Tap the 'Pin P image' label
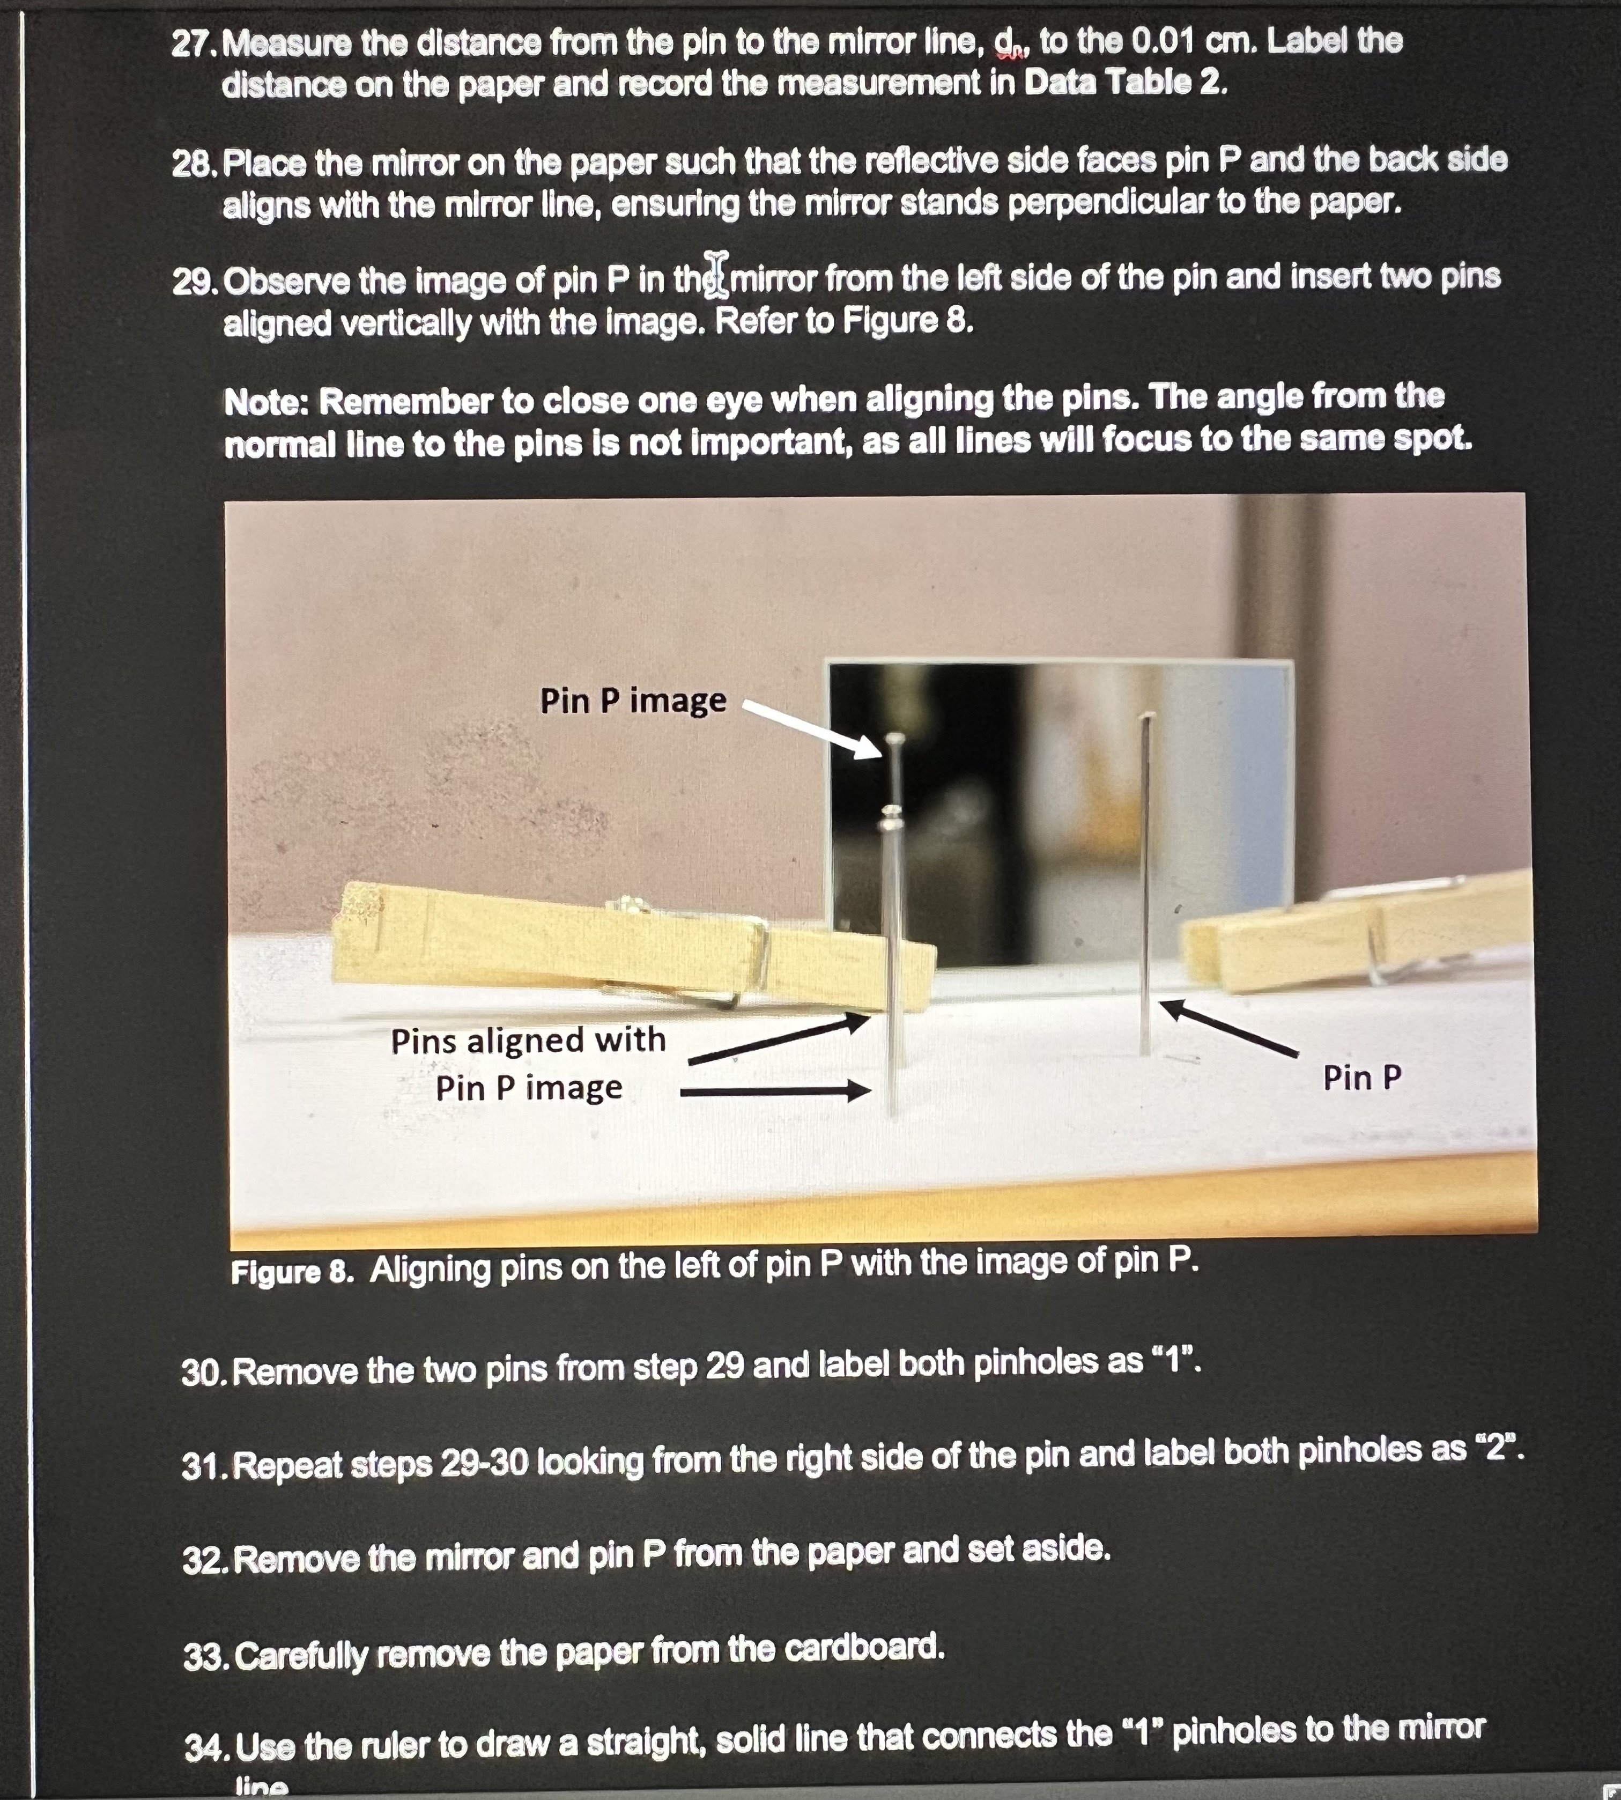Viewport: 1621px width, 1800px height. (x=633, y=700)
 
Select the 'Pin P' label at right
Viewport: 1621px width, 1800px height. (x=1362, y=1078)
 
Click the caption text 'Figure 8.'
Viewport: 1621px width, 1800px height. (x=292, y=1271)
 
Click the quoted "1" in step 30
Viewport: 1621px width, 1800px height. (x=1174, y=1361)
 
